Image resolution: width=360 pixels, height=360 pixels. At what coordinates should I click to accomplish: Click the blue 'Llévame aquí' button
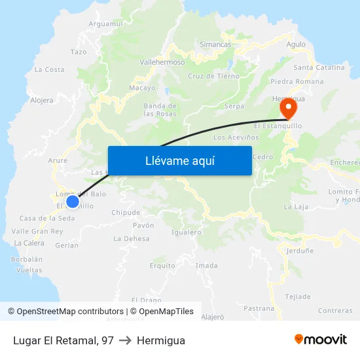click(x=179, y=160)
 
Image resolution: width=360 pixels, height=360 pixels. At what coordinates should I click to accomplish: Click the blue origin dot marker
click(x=73, y=202)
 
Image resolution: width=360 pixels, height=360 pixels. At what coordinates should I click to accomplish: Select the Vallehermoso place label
click(x=162, y=62)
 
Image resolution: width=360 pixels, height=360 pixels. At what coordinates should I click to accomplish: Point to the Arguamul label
click(x=105, y=24)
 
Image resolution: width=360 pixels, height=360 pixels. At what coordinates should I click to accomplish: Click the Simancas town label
click(x=215, y=45)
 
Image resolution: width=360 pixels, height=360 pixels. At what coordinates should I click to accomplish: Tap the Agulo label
click(x=296, y=45)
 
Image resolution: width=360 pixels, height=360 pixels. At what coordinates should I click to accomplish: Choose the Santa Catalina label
click(x=319, y=67)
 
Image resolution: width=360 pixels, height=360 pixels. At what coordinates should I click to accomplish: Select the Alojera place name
click(x=42, y=101)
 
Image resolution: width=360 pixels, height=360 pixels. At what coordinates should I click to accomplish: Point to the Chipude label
click(x=126, y=213)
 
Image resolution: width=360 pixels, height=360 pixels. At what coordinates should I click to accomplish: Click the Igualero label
click(x=186, y=232)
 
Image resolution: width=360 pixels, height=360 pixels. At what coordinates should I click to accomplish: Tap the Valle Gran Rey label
click(x=37, y=231)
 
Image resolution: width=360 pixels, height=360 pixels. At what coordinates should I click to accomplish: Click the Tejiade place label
click(x=298, y=297)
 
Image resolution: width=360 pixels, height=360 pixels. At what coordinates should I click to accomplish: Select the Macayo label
click(x=142, y=88)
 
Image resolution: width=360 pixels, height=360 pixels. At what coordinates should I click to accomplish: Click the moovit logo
click(x=321, y=340)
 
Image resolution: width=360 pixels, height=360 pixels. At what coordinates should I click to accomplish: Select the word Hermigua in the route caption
click(x=161, y=340)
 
